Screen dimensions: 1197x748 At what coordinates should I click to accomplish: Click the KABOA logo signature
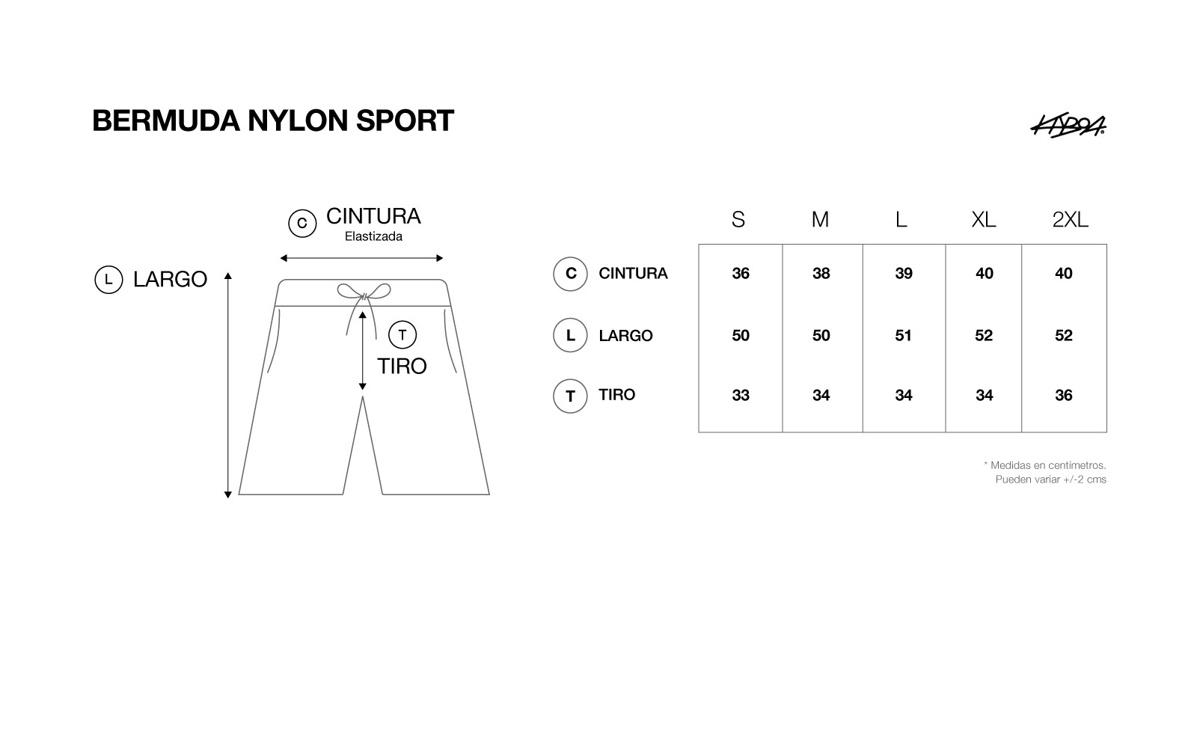pyautogui.click(x=1068, y=126)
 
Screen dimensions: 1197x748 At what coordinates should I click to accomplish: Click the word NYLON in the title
pyautogui.click(x=298, y=120)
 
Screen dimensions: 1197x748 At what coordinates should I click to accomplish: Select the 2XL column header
pyautogui.click(x=1070, y=220)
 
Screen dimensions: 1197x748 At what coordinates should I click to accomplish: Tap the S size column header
pyautogui.click(x=738, y=220)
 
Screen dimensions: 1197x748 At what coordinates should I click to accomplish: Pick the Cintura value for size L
pyautogui.click(x=904, y=274)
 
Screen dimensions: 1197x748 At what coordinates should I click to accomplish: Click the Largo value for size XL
pyautogui.click(x=984, y=336)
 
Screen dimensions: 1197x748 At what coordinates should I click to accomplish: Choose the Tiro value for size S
pyautogui.click(x=741, y=396)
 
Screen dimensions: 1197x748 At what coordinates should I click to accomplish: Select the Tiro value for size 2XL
pyautogui.click(x=1063, y=396)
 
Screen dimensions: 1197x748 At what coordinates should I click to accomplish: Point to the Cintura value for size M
pyautogui.click(x=821, y=274)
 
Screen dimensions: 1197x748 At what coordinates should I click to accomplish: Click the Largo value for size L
pyautogui.click(x=903, y=336)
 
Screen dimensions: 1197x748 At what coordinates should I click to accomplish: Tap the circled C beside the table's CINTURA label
pyautogui.click(x=570, y=274)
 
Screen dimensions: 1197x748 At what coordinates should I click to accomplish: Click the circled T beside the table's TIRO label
pyautogui.click(x=570, y=396)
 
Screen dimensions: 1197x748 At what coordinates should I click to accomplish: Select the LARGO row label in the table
pyautogui.click(x=625, y=336)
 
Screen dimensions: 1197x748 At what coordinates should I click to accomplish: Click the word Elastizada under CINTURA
pyautogui.click(x=373, y=236)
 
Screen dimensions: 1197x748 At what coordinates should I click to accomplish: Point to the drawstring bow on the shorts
pyautogui.click(x=364, y=292)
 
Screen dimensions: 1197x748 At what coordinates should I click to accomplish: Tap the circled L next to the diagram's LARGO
pyautogui.click(x=108, y=280)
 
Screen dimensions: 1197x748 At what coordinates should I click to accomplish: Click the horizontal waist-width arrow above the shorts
pyautogui.click(x=362, y=259)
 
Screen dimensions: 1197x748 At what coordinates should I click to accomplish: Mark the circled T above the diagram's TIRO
pyautogui.click(x=402, y=335)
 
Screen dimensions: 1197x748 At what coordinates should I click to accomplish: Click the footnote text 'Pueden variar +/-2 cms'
pyautogui.click(x=1050, y=479)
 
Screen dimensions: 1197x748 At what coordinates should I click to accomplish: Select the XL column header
pyautogui.click(x=984, y=220)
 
